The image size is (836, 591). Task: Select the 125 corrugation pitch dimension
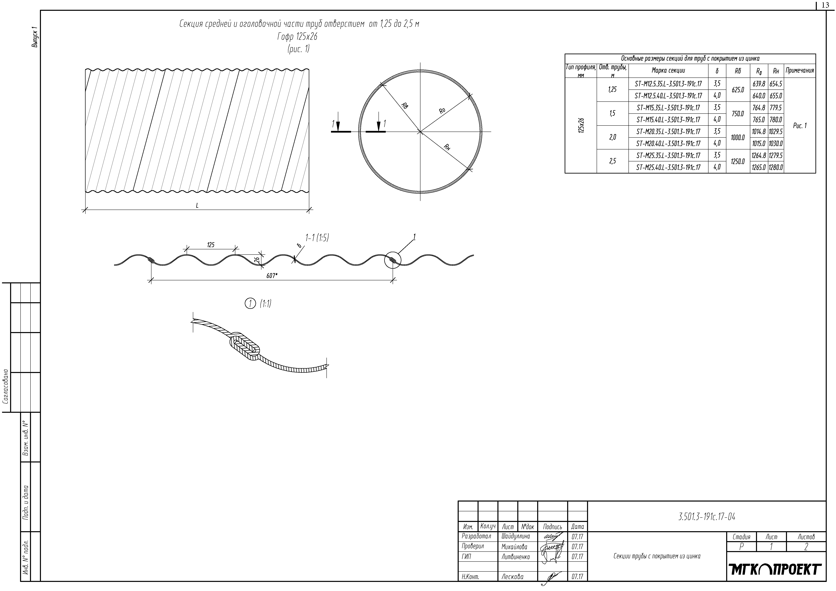211,245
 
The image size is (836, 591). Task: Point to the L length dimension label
197,206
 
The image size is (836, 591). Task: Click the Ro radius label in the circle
442,110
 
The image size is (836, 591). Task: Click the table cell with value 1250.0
738,161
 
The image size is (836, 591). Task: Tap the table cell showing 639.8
759,84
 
